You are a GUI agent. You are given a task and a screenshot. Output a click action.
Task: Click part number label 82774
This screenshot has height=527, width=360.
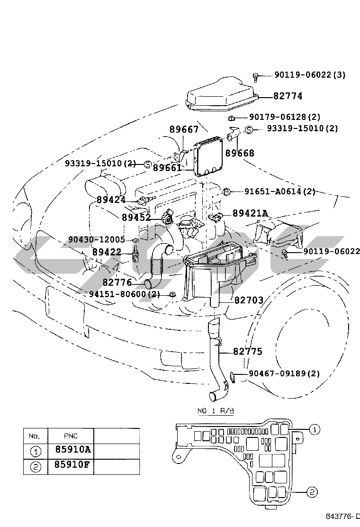click(288, 96)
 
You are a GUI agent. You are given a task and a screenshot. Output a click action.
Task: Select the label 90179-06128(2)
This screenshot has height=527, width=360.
click(284, 117)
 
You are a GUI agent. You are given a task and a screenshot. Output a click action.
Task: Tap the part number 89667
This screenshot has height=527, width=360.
click(184, 129)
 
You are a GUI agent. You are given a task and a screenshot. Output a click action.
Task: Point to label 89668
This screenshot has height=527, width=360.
click(239, 153)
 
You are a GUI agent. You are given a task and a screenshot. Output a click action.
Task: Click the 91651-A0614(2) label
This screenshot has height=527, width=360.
click(280, 191)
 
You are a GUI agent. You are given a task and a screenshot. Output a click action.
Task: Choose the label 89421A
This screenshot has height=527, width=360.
click(251, 213)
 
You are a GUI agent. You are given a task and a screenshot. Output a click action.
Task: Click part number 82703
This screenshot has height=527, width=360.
click(249, 300)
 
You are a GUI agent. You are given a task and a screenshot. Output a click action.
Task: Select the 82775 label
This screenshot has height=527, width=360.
click(248, 352)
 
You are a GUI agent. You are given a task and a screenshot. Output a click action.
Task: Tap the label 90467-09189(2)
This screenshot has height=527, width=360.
click(284, 373)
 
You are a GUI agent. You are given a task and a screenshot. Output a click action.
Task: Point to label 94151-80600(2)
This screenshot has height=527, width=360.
click(125, 294)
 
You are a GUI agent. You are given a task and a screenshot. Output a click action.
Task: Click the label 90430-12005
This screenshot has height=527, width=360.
click(96, 240)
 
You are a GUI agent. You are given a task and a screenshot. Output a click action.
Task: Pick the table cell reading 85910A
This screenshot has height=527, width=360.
click(73, 449)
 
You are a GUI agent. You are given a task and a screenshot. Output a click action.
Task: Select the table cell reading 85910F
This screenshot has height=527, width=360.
click(73, 464)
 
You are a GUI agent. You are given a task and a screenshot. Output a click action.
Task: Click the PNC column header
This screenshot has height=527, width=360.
click(71, 436)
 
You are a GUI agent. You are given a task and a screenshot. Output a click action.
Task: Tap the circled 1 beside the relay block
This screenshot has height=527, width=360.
click(315, 429)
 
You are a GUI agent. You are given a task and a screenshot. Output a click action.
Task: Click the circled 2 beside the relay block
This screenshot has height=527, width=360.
click(312, 492)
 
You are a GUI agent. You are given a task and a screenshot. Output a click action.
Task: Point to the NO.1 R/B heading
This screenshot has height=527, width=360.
click(215, 411)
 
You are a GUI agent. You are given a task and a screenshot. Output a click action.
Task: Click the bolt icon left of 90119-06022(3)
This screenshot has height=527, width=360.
click(256, 77)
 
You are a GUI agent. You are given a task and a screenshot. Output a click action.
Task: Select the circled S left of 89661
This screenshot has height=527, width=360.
click(148, 164)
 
